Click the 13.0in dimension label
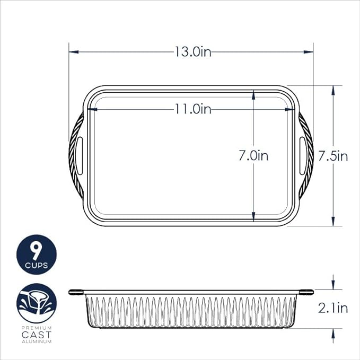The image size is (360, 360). [194, 51]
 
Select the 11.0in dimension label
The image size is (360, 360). [194, 109]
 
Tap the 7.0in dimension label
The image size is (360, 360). [253, 156]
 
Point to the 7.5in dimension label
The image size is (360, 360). [332, 156]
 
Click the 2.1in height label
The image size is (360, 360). [332, 308]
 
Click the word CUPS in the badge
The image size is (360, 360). [36, 265]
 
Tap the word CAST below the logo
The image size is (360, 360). [37, 335]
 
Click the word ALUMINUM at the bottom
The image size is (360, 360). [37, 342]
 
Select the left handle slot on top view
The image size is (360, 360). [79, 155]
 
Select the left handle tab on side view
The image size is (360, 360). [76, 292]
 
